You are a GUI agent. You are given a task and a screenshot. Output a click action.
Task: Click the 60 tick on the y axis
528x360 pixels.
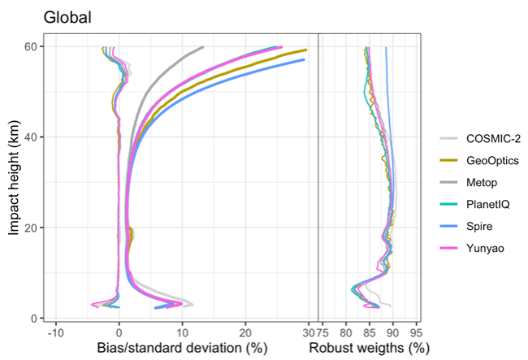tap(28, 47)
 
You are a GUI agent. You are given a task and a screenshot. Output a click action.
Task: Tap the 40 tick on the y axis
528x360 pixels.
tap(28, 137)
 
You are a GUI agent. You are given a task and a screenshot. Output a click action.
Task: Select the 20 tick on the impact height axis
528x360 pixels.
tap(28, 228)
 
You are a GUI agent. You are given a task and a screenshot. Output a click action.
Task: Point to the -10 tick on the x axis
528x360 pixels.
tap(55, 332)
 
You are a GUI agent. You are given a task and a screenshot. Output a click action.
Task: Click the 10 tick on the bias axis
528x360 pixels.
tap(182, 332)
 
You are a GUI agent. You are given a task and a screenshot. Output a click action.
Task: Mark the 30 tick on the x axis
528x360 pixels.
tap(308, 332)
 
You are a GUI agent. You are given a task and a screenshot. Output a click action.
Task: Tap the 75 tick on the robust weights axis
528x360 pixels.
tap(322, 332)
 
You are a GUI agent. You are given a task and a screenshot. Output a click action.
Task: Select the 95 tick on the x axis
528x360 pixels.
tap(418, 332)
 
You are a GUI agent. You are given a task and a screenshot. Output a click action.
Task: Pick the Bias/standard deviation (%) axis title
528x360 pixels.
tap(182, 349)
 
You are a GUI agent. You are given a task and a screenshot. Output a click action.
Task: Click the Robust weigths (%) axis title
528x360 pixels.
tap(369, 349)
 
